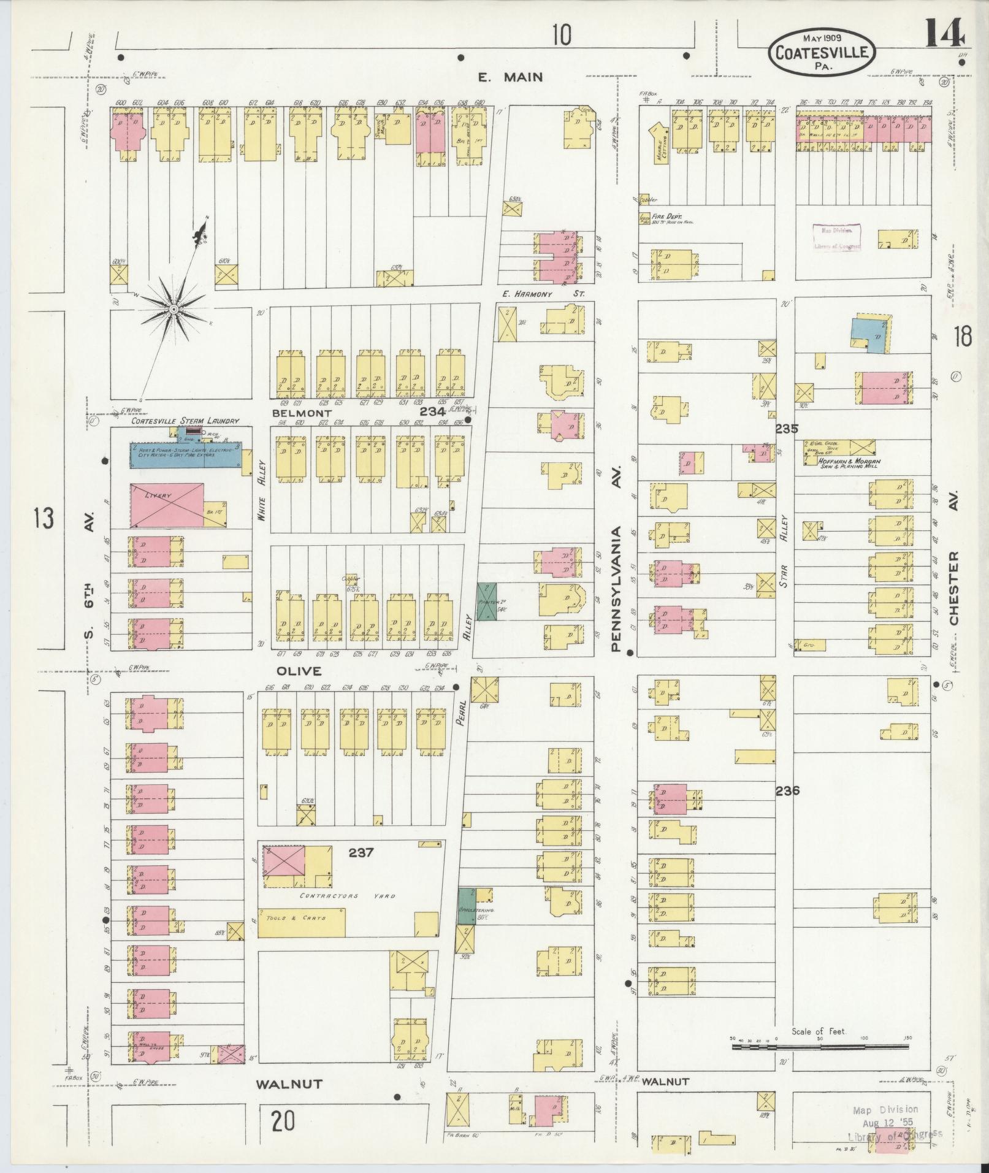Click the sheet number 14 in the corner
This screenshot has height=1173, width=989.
(x=944, y=34)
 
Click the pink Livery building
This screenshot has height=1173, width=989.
(x=167, y=504)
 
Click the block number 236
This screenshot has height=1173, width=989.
(x=787, y=790)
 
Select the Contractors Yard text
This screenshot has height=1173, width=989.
(x=348, y=896)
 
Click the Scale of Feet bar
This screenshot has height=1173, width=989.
(x=820, y=1047)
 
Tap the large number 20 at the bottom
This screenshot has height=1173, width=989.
(x=283, y=1121)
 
